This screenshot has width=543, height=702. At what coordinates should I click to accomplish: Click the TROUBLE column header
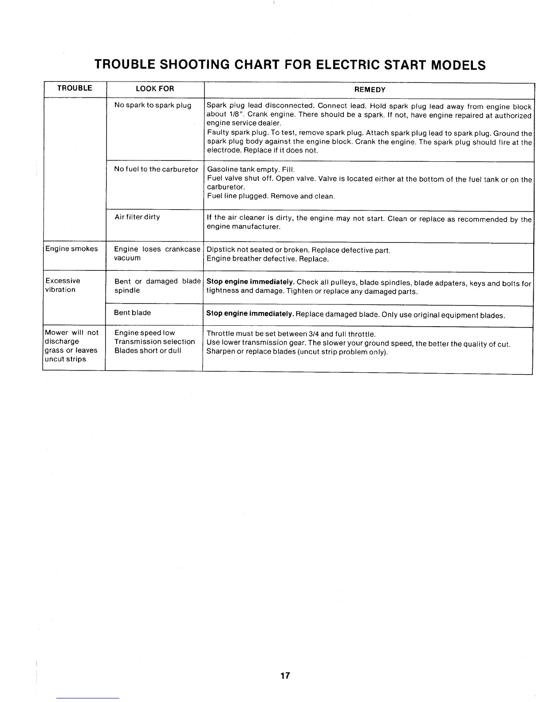75,88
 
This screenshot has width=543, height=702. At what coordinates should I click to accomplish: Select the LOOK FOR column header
155,89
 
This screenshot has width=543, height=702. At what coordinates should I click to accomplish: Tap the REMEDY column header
370,90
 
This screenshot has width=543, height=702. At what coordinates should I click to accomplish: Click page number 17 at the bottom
285,675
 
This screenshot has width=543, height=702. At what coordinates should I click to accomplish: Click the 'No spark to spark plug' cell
153,105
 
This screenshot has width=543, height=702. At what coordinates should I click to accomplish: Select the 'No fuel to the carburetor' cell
156,169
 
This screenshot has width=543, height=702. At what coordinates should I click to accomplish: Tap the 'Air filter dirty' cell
137,217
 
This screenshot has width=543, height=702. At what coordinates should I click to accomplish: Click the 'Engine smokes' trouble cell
71,249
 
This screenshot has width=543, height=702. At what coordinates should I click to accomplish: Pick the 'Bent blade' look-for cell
132,313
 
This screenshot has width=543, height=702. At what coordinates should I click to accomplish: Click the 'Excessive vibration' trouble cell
63,285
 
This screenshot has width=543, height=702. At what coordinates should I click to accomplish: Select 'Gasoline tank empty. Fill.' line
251,170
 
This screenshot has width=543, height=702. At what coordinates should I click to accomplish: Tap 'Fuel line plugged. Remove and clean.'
271,196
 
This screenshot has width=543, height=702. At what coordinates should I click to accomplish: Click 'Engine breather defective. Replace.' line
268,259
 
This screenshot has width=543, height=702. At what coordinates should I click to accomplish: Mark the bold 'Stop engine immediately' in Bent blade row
250,314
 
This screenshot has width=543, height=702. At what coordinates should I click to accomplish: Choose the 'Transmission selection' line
154,342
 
